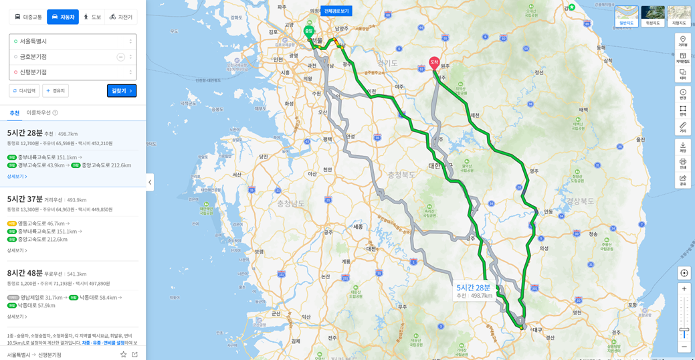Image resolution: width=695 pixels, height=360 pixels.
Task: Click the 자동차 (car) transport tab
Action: pos(63,17)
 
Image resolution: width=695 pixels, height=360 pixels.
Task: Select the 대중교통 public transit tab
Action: pos(28,17)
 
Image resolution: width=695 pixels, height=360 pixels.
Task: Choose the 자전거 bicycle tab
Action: pos(121,17)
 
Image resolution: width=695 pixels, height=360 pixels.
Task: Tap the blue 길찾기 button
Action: pos(122,91)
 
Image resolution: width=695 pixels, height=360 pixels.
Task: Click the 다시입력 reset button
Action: pos(24,91)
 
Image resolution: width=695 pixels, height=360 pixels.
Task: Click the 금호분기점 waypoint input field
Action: pos(64,57)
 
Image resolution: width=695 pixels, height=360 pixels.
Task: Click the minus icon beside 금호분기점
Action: pos(120,57)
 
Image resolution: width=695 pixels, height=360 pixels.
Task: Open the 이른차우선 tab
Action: pos(42,112)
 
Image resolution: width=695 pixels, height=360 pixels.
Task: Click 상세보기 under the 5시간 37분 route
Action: pos(17,250)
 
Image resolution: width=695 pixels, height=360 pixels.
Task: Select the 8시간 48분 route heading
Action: pos(25,273)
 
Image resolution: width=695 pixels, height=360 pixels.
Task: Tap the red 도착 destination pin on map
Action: pos(434,63)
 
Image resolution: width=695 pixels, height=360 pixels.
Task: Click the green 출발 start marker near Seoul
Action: pos(308,31)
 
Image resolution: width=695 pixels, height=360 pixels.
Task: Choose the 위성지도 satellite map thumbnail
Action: pos(653,16)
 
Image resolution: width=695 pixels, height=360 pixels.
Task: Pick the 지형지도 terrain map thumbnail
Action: pos(679,16)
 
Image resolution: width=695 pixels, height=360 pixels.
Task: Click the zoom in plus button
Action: pos(684,289)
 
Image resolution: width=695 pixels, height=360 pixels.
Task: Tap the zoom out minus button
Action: pos(684,347)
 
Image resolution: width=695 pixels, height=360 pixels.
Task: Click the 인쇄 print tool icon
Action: pos(683,163)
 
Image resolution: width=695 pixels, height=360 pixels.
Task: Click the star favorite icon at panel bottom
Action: pos(123,355)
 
